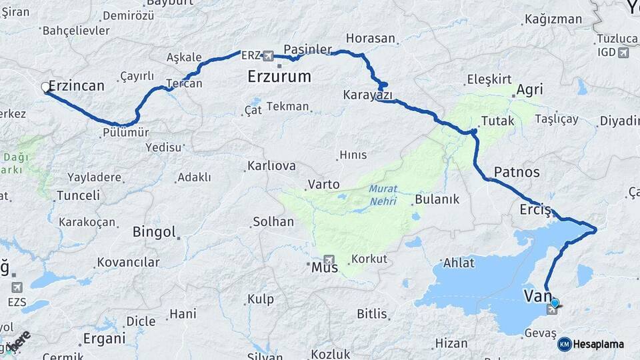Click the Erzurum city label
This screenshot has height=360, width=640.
279,76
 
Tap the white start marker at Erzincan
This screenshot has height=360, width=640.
45,87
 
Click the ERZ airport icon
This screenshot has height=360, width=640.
268,55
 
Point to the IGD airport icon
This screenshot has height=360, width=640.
623,53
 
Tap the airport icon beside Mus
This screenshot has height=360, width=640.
329,259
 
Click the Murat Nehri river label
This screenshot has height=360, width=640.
383,195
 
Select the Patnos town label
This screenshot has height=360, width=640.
517,172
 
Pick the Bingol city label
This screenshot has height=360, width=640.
154,232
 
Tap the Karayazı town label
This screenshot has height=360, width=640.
368,95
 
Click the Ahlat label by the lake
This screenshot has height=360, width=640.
459,263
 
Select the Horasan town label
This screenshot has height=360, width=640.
371,38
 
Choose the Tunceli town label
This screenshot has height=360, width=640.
78,195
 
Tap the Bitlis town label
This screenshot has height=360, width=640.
372,313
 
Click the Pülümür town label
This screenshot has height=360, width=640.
127,132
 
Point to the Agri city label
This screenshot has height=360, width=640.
529,89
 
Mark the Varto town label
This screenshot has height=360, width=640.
323,184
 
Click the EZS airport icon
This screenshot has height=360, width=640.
17,287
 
